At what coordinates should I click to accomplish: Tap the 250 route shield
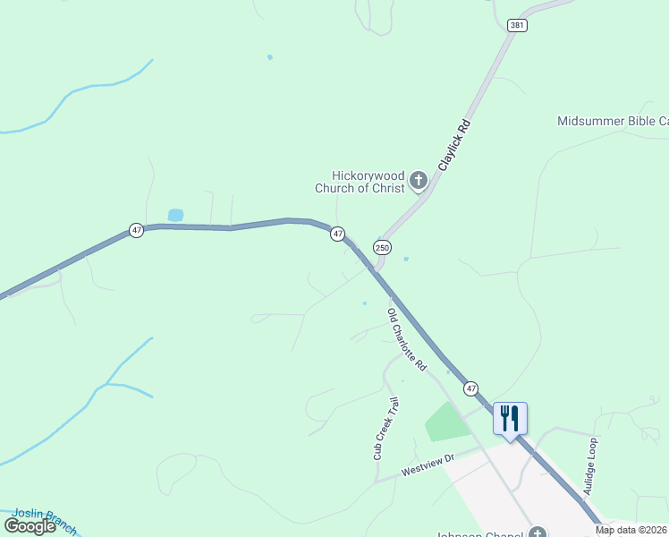click(383, 247)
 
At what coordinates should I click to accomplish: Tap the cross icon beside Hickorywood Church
click(418, 182)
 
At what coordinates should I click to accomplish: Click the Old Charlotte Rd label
click(406, 341)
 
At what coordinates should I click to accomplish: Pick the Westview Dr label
click(428, 464)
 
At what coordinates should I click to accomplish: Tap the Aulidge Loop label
click(589, 466)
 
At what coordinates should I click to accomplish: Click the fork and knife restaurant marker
click(510, 419)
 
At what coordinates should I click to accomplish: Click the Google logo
click(30, 525)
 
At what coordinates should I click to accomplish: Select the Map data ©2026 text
click(631, 530)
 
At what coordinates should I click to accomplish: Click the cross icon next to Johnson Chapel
click(536, 533)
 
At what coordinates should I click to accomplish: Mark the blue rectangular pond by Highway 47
click(175, 215)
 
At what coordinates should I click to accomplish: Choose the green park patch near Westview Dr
click(446, 421)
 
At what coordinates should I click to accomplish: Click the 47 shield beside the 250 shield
click(337, 234)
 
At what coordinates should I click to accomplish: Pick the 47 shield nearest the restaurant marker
click(470, 388)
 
